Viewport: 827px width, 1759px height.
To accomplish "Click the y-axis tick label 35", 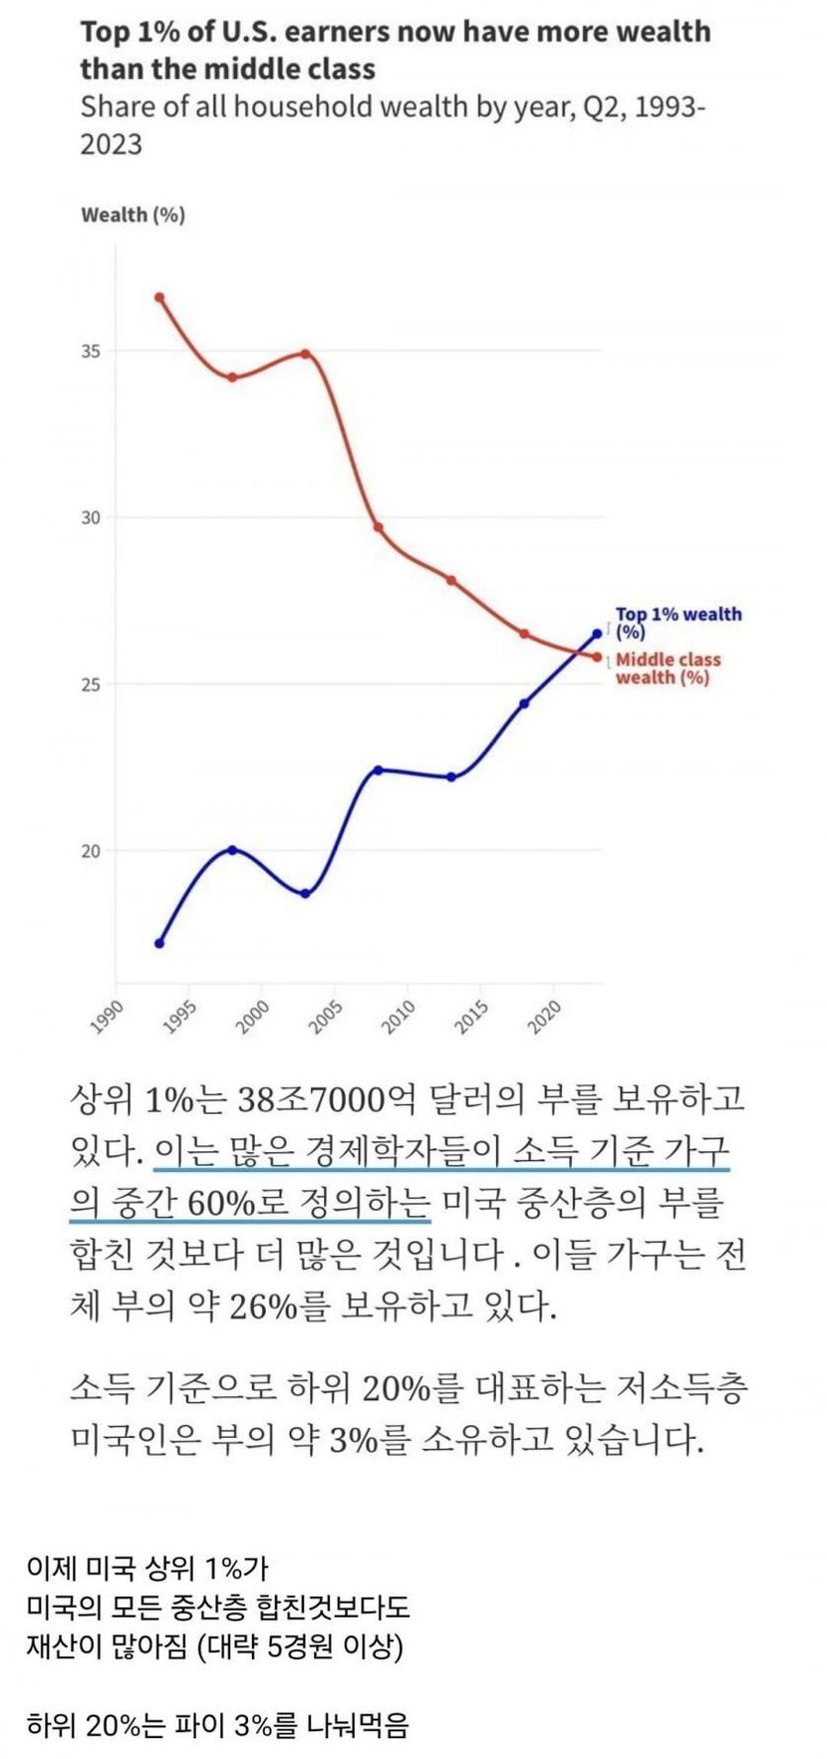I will coord(91,352).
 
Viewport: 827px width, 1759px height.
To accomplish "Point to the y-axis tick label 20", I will coord(91,851).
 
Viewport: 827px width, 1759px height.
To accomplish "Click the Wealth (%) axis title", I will coord(133,214).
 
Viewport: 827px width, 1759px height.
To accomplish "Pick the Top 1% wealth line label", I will coord(678,623).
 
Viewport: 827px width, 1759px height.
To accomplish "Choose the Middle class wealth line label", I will coord(667,668).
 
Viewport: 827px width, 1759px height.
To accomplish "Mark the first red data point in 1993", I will coord(159,297).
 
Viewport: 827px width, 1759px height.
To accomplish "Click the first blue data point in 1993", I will coord(159,943).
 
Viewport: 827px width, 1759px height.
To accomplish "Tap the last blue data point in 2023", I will coord(598,633).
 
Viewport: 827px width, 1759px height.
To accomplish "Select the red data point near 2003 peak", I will coord(305,354).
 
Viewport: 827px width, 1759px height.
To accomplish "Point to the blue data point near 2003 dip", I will coord(305,894).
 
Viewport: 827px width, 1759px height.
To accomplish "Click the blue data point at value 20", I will coord(232,850).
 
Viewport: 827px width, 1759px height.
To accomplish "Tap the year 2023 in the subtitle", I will coord(111,145).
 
